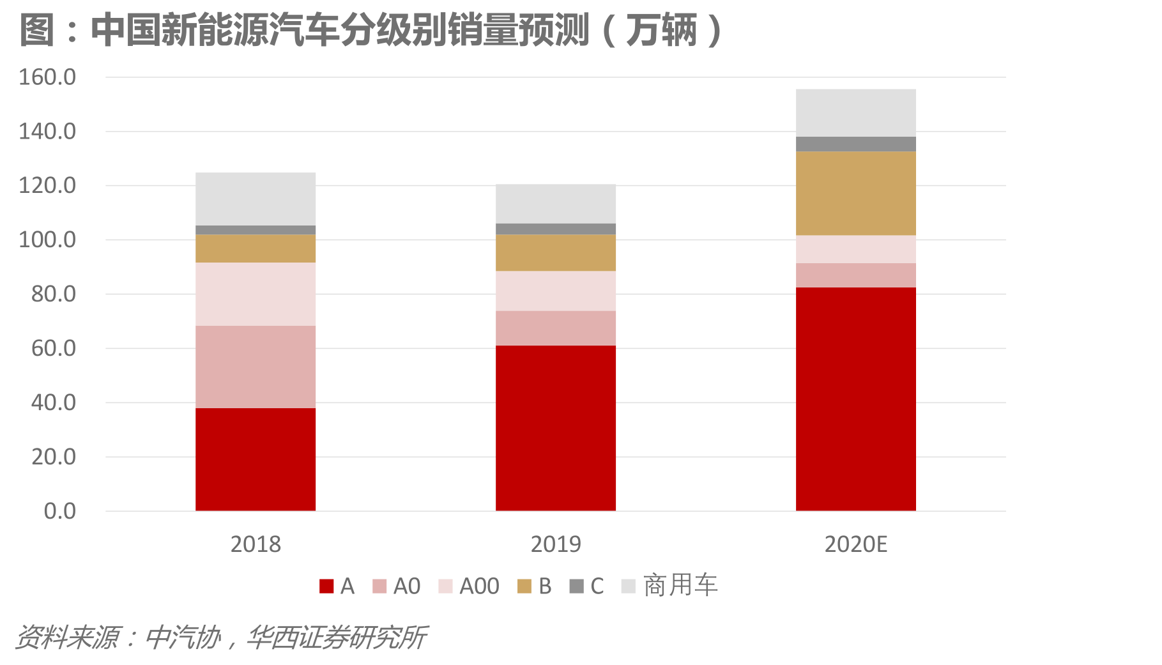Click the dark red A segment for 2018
[x=255, y=459]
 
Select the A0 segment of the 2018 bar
[x=255, y=367]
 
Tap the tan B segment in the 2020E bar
[x=855, y=193]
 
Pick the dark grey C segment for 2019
[x=555, y=229]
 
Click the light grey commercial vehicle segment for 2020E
[x=855, y=112]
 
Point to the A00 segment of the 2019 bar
[x=555, y=291]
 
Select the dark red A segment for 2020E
[x=855, y=399]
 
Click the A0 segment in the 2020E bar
[x=855, y=275]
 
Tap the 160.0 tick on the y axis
[x=47, y=77]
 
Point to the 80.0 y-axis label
[x=54, y=294]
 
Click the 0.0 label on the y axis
[x=60, y=511]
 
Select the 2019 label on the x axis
[x=555, y=544]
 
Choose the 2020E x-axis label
[x=855, y=544]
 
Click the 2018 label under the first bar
[x=255, y=544]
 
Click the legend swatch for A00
[x=445, y=586]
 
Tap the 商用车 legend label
[x=680, y=585]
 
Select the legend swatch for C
[x=576, y=586]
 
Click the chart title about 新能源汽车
[x=371, y=30]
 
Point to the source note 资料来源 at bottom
[x=220, y=637]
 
